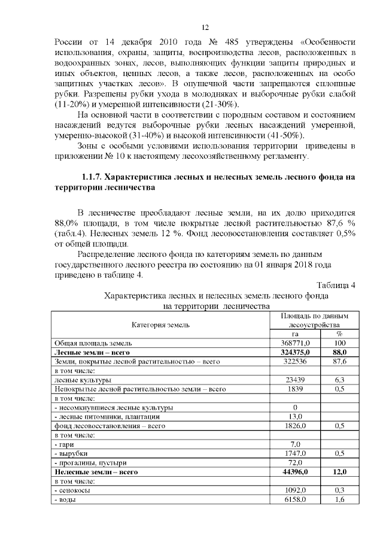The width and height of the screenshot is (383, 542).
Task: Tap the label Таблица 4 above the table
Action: [336, 285]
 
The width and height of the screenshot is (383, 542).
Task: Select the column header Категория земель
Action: [160, 325]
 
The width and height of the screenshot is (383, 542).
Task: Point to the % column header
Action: [339, 334]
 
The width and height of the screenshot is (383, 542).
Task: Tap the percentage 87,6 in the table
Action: [339, 362]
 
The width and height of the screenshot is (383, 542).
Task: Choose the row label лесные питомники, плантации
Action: [107, 417]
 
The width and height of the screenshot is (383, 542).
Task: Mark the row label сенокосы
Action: [73, 490]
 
